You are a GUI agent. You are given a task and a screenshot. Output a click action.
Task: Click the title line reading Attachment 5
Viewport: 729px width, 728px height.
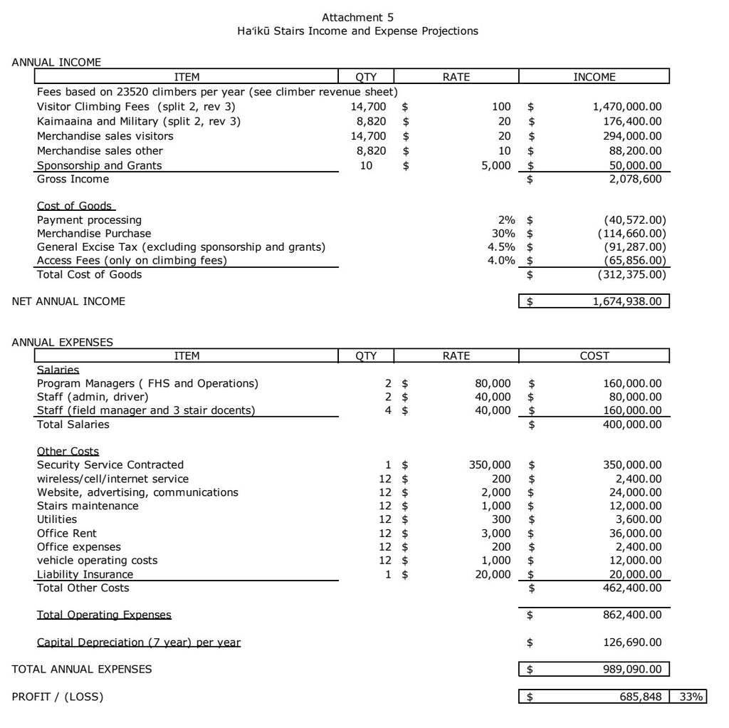click(357, 17)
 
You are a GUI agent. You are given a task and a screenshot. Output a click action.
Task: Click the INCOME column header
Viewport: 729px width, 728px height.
click(594, 77)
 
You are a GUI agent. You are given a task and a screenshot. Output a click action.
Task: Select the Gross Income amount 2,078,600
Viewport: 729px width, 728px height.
click(633, 180)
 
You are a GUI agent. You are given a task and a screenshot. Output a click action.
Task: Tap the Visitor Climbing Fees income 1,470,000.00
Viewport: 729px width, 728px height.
click(627, 107)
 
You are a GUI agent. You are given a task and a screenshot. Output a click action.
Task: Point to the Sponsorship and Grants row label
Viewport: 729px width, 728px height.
click(99, 165)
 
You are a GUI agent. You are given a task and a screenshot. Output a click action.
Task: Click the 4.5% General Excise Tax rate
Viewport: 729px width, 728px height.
click(501, 247)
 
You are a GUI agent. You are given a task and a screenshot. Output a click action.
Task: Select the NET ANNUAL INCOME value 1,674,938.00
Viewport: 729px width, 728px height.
click(627, 301)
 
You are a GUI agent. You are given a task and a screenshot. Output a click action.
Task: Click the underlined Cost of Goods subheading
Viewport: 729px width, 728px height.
click(74, 207)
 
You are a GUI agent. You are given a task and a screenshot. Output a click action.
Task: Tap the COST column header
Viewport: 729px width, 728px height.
click(594, 356)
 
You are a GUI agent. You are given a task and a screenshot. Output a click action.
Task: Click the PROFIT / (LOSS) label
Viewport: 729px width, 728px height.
click(58, 697)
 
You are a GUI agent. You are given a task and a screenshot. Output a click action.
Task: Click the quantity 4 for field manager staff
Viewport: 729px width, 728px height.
click(389, 410)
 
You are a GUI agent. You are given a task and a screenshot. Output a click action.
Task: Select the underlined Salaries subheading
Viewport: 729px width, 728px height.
click(58, 370)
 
